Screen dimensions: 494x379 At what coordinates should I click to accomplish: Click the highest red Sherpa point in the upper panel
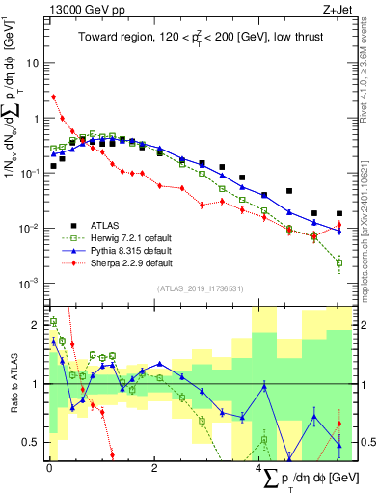click(54, 96)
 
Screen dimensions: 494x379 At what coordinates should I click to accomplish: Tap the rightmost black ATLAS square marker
click(338, 213)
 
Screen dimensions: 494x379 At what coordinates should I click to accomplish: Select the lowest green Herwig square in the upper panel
click(338, 262)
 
